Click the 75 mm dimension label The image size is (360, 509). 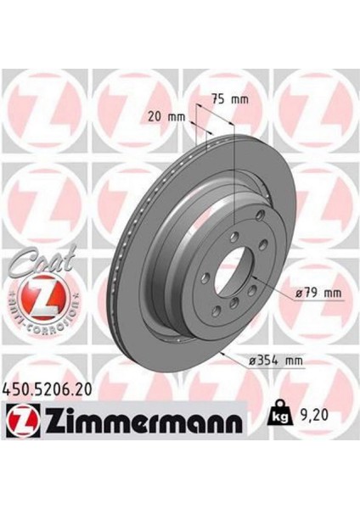[x=230, y=98]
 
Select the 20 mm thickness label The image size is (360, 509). [x=166, y=116]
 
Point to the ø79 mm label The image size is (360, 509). [x=318, y=294]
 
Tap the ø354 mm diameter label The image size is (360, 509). [x=275, y=361]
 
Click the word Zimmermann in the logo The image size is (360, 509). [x=143, y=421]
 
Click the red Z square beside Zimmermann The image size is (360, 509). [x=23, y=421]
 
